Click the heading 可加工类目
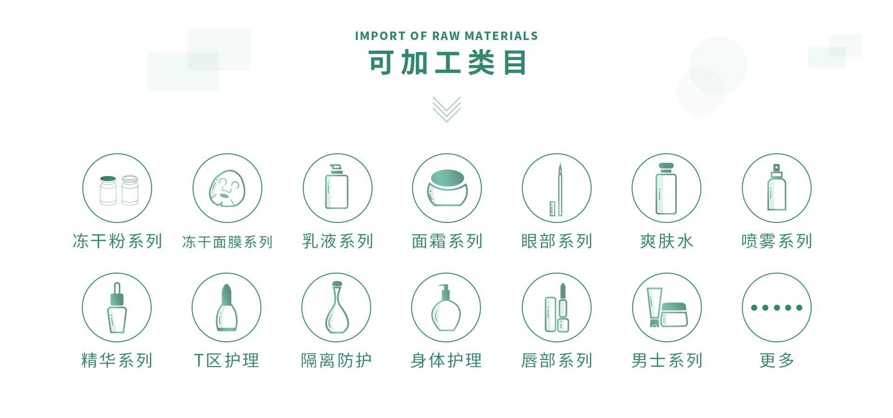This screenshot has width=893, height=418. [447, 63]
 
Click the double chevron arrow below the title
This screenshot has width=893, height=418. [446, 109]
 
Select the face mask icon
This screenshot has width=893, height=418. [227, 188]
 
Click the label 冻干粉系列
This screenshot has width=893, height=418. [117, 241]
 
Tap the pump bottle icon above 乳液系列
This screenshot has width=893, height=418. [337, 187]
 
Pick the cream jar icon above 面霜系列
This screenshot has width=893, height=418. [447, 188]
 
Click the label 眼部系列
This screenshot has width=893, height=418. [557, 241]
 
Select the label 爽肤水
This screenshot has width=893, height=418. [666, 241]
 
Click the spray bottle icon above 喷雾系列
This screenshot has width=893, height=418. [776, 187]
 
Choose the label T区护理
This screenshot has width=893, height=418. [227, 360]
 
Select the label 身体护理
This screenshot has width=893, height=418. [446, 360]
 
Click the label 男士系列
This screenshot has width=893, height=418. [666, 360]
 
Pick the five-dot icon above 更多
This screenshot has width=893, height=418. [777, 307]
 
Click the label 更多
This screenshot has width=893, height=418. [777, 360]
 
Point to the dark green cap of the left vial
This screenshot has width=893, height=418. [108, 178]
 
